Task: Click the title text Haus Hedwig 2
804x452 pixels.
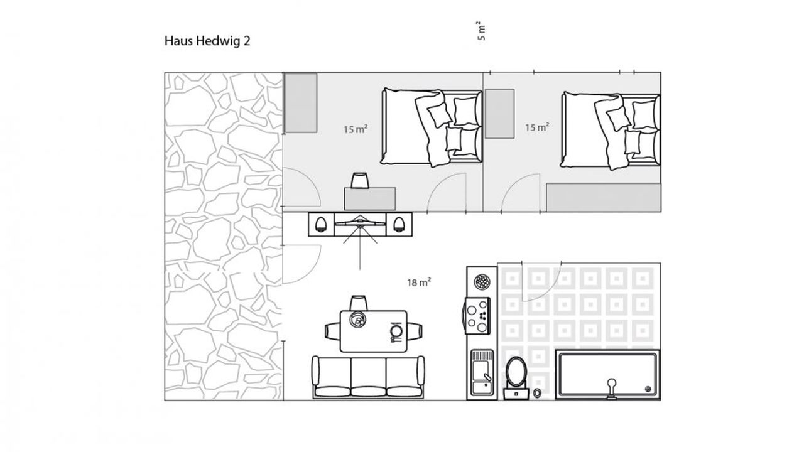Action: (207, 41)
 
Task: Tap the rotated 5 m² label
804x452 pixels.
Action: (481, 31)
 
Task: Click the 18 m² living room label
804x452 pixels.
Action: (419, 282)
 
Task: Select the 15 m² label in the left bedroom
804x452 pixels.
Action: (356, 129)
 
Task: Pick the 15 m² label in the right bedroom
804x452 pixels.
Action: (537, 127)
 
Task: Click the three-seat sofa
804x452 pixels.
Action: (368, 377)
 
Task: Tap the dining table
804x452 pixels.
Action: (373, 331)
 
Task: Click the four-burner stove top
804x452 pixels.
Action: (477, 316)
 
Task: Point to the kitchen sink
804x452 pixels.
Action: (482, 373)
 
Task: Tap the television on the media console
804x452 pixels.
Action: (360, 222)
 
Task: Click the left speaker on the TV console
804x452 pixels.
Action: (320, 225)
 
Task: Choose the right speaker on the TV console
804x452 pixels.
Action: (399, 225)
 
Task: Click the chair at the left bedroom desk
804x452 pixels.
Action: (360, 180)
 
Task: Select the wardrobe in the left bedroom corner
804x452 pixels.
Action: (301, 103)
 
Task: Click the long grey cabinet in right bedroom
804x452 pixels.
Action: (604, 198)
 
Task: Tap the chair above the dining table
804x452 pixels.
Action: (359, 303)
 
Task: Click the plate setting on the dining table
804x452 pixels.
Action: (396, 331)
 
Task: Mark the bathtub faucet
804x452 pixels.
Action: (612, 389)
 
